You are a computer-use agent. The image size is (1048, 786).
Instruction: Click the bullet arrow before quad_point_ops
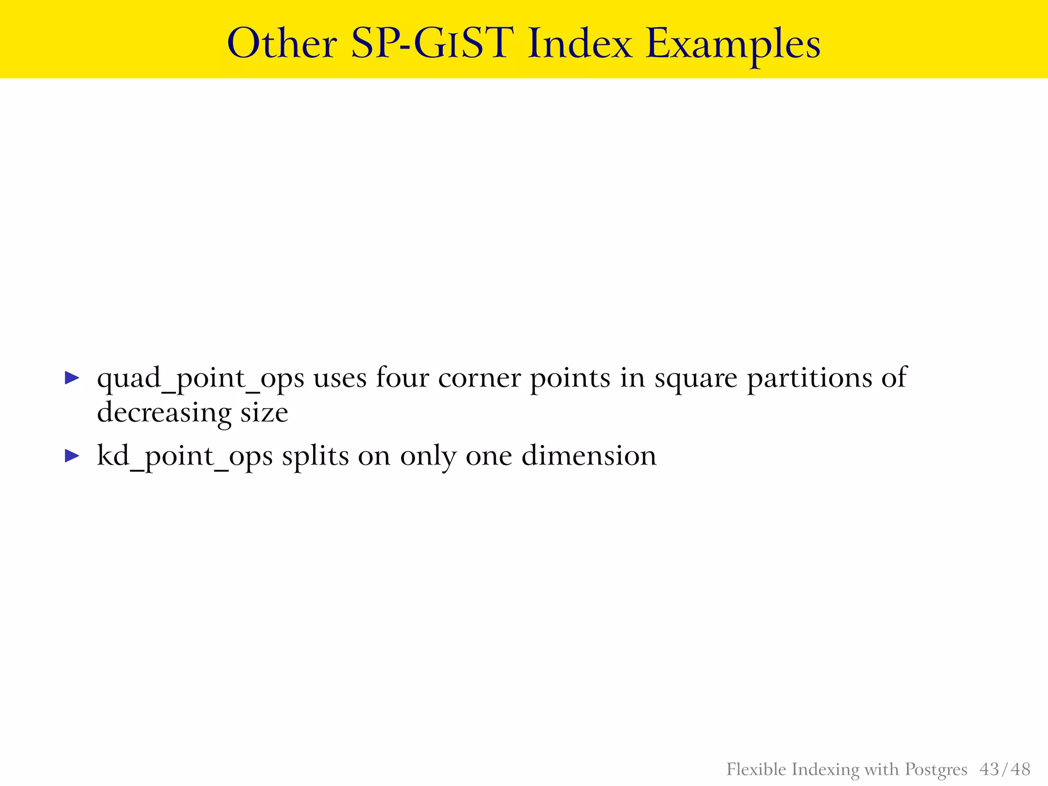pos(72,378)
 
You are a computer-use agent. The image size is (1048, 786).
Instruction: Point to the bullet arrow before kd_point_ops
pos(72,455)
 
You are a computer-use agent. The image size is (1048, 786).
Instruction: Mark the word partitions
pos(809,379)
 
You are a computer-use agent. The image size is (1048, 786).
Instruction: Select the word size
pos(265,412)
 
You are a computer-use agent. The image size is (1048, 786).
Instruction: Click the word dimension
pos(588,455)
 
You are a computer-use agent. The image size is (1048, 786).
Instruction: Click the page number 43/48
pos(1005,769)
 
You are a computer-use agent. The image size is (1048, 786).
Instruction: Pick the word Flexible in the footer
pos(756,769)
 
